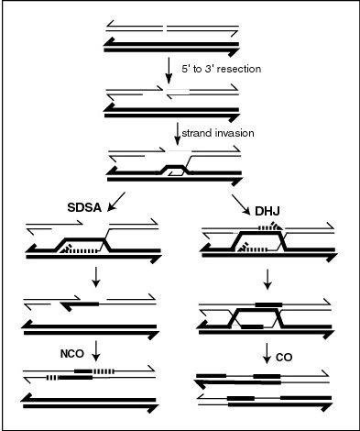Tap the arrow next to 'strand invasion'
[178, 134]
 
